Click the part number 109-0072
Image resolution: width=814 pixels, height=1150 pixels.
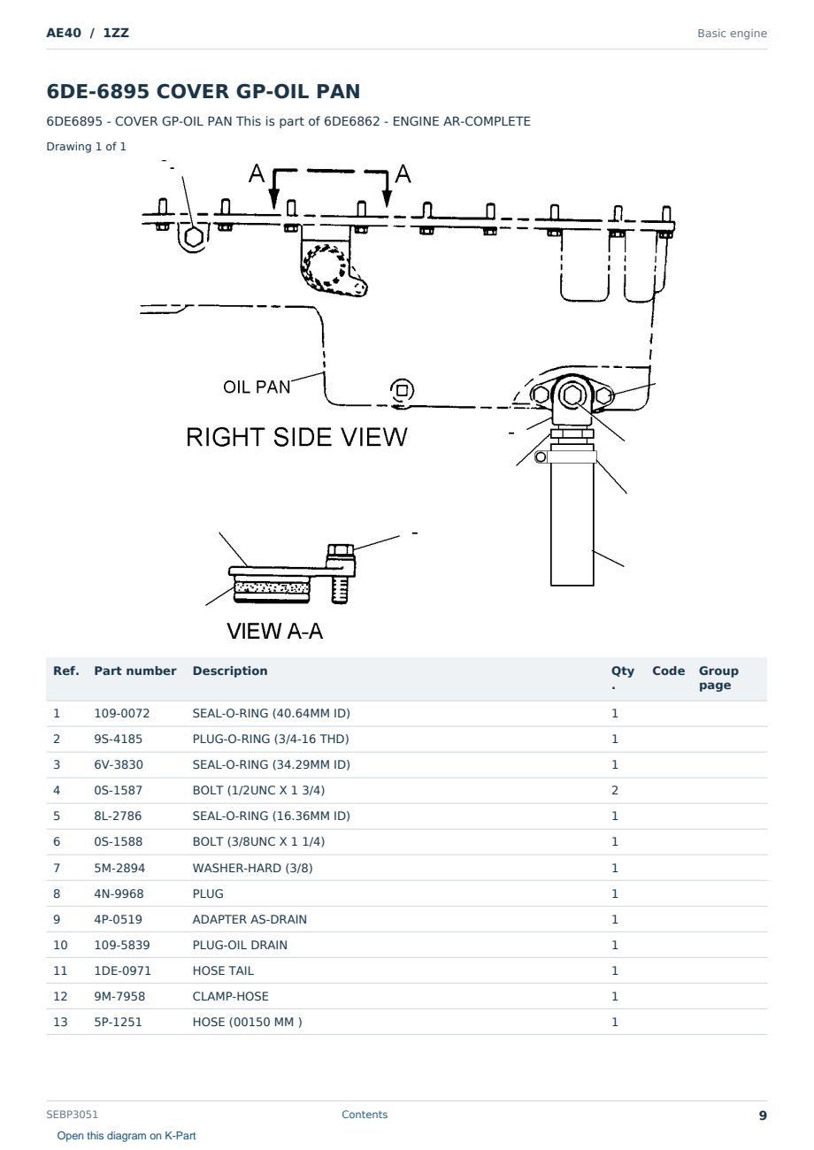point(122,713)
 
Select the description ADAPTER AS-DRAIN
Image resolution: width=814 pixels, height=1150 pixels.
point(250,919)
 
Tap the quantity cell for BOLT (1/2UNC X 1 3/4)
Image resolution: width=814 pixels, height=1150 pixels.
point(615,790)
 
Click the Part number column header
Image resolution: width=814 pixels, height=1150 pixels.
point(135,671)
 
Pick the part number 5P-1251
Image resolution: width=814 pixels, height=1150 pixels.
point(118,1022)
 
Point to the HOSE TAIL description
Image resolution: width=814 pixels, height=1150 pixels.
point(223,970)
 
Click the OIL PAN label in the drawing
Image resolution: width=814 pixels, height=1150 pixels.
point(257,387)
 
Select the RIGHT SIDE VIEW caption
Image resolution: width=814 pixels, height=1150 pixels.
point(296,437)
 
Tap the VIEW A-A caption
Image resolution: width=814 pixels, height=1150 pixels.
point(275,631)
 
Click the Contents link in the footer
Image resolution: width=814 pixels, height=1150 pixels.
point(365,1114)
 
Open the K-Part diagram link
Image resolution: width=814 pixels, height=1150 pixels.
point(127,1135)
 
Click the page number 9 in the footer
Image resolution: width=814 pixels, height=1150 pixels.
point(763,1115)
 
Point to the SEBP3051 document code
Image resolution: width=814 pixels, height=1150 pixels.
point(72,1114)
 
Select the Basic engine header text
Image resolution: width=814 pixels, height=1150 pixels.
point(732,34)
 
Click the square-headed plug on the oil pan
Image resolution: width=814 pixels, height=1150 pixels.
point(402,391)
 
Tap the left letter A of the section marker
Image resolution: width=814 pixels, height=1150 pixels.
point(257,173)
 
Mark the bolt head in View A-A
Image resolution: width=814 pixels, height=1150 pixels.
point(340,551)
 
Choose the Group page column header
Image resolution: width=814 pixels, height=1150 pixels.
point(718,678)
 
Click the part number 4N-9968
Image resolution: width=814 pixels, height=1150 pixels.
point(119,893)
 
